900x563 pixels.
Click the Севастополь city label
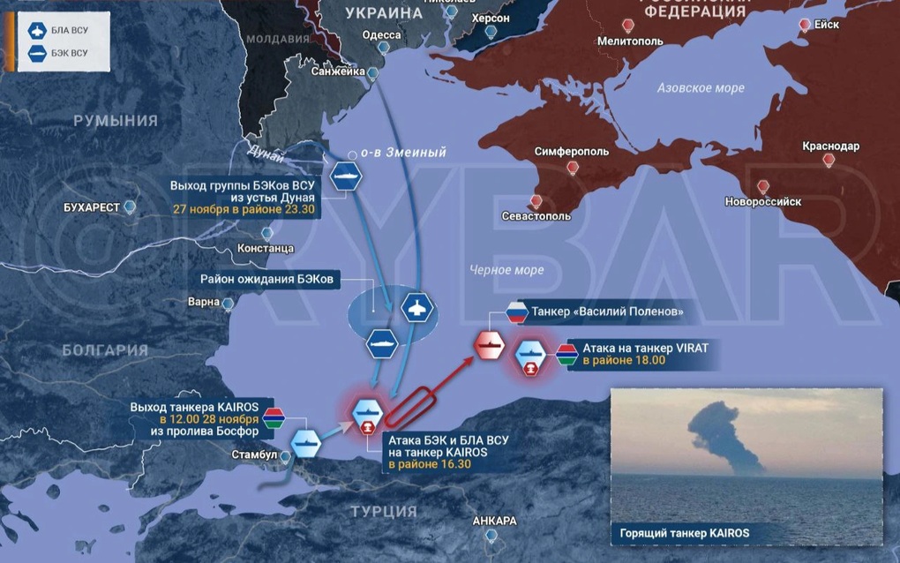pyautogui.click(x=535, y=216)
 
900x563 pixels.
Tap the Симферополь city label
pyautogui.click(x=571, y=152)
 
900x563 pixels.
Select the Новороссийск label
pyautogui.click(x=762, y=201)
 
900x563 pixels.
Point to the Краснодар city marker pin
pyautogui.click(x=829, y=161)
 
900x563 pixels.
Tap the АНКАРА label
pyautogui.click(x=494, y=521)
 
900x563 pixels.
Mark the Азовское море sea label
pyautogui.click(x=701, y=88)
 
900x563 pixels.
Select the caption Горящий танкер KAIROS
pyautogui.click(x=686, y=533)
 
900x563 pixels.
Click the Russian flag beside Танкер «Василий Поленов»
pyautogui.click(x=515, y=312)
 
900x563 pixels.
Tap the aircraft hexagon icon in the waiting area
pyautogui.click(x=415, y=309)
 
